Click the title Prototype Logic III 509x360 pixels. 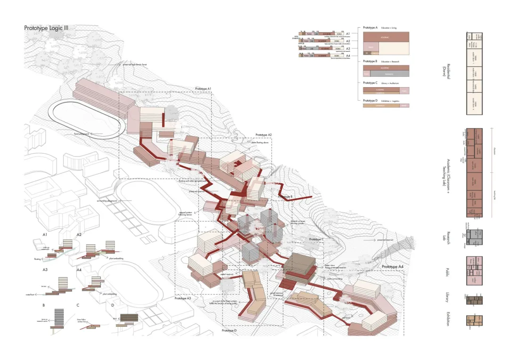(x=46, y=28)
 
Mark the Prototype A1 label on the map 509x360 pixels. (x=203, y=89)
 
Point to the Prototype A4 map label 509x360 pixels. (x=393, y=267)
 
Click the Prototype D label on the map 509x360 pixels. (x=229, y=330)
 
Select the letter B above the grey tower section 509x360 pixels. (x=44, y=305)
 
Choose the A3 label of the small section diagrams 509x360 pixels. (x=45, y=270)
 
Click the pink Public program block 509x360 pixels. (x=475, y=271)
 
